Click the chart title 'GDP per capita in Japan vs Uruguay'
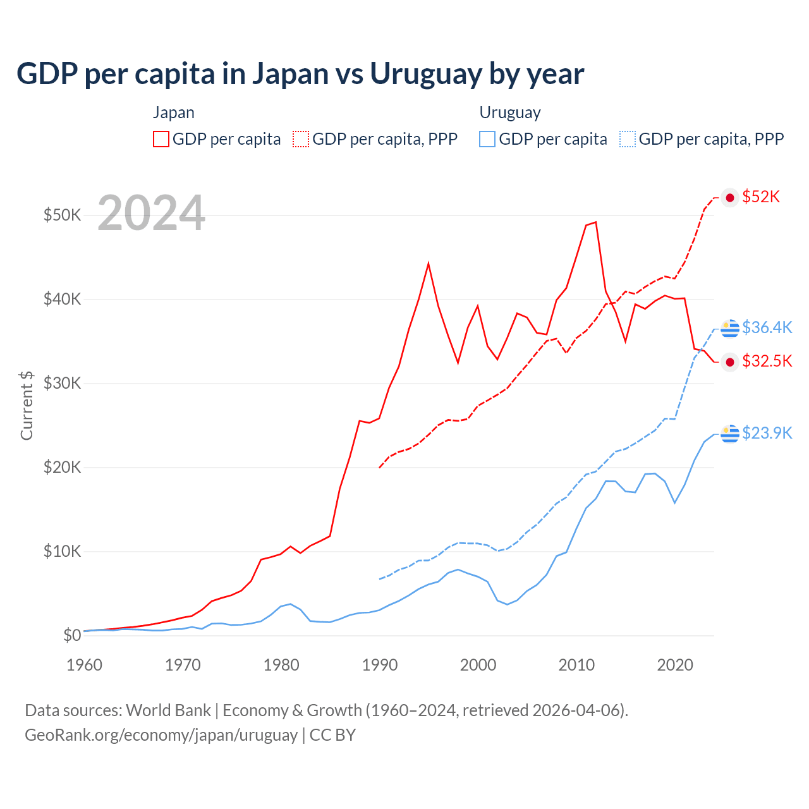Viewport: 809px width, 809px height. point(300,74)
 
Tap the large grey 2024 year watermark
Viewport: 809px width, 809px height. point(151,213)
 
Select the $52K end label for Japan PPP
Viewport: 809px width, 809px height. point(761,197)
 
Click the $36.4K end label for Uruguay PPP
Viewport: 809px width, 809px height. point(767,327)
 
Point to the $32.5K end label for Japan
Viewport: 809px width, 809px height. point(767,362)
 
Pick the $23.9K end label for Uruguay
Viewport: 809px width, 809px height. point(767,433)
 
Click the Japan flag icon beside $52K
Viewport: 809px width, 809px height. point(730,198)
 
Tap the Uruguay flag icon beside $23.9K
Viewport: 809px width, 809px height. point(730,434)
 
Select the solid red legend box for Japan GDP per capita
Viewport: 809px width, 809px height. point(161,139)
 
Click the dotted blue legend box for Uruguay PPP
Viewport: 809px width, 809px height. point(628,139)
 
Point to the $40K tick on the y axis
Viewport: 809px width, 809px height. point(62,299)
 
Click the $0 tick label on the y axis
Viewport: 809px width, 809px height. point(72,635)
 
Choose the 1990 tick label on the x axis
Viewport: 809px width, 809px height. point(380,665)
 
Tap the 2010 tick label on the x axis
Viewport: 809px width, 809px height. point(576,665)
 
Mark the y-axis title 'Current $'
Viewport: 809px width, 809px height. point(27,405)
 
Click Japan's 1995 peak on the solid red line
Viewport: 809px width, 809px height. point(429,263)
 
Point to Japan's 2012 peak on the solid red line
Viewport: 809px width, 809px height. point(595,222)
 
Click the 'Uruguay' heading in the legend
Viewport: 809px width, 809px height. point(510,113)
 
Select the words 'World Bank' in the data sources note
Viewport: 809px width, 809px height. point(168,710)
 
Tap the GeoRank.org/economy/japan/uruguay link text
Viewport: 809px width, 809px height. point(161,735)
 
